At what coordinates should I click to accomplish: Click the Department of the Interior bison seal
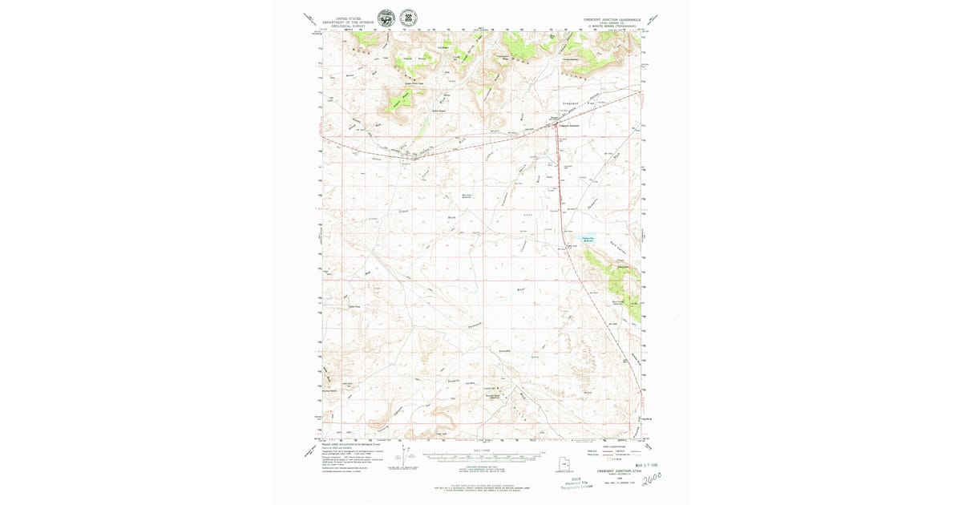tap(386, 18)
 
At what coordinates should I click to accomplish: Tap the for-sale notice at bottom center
tap(481, 487)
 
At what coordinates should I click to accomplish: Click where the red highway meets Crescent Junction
tap(558, 127)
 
